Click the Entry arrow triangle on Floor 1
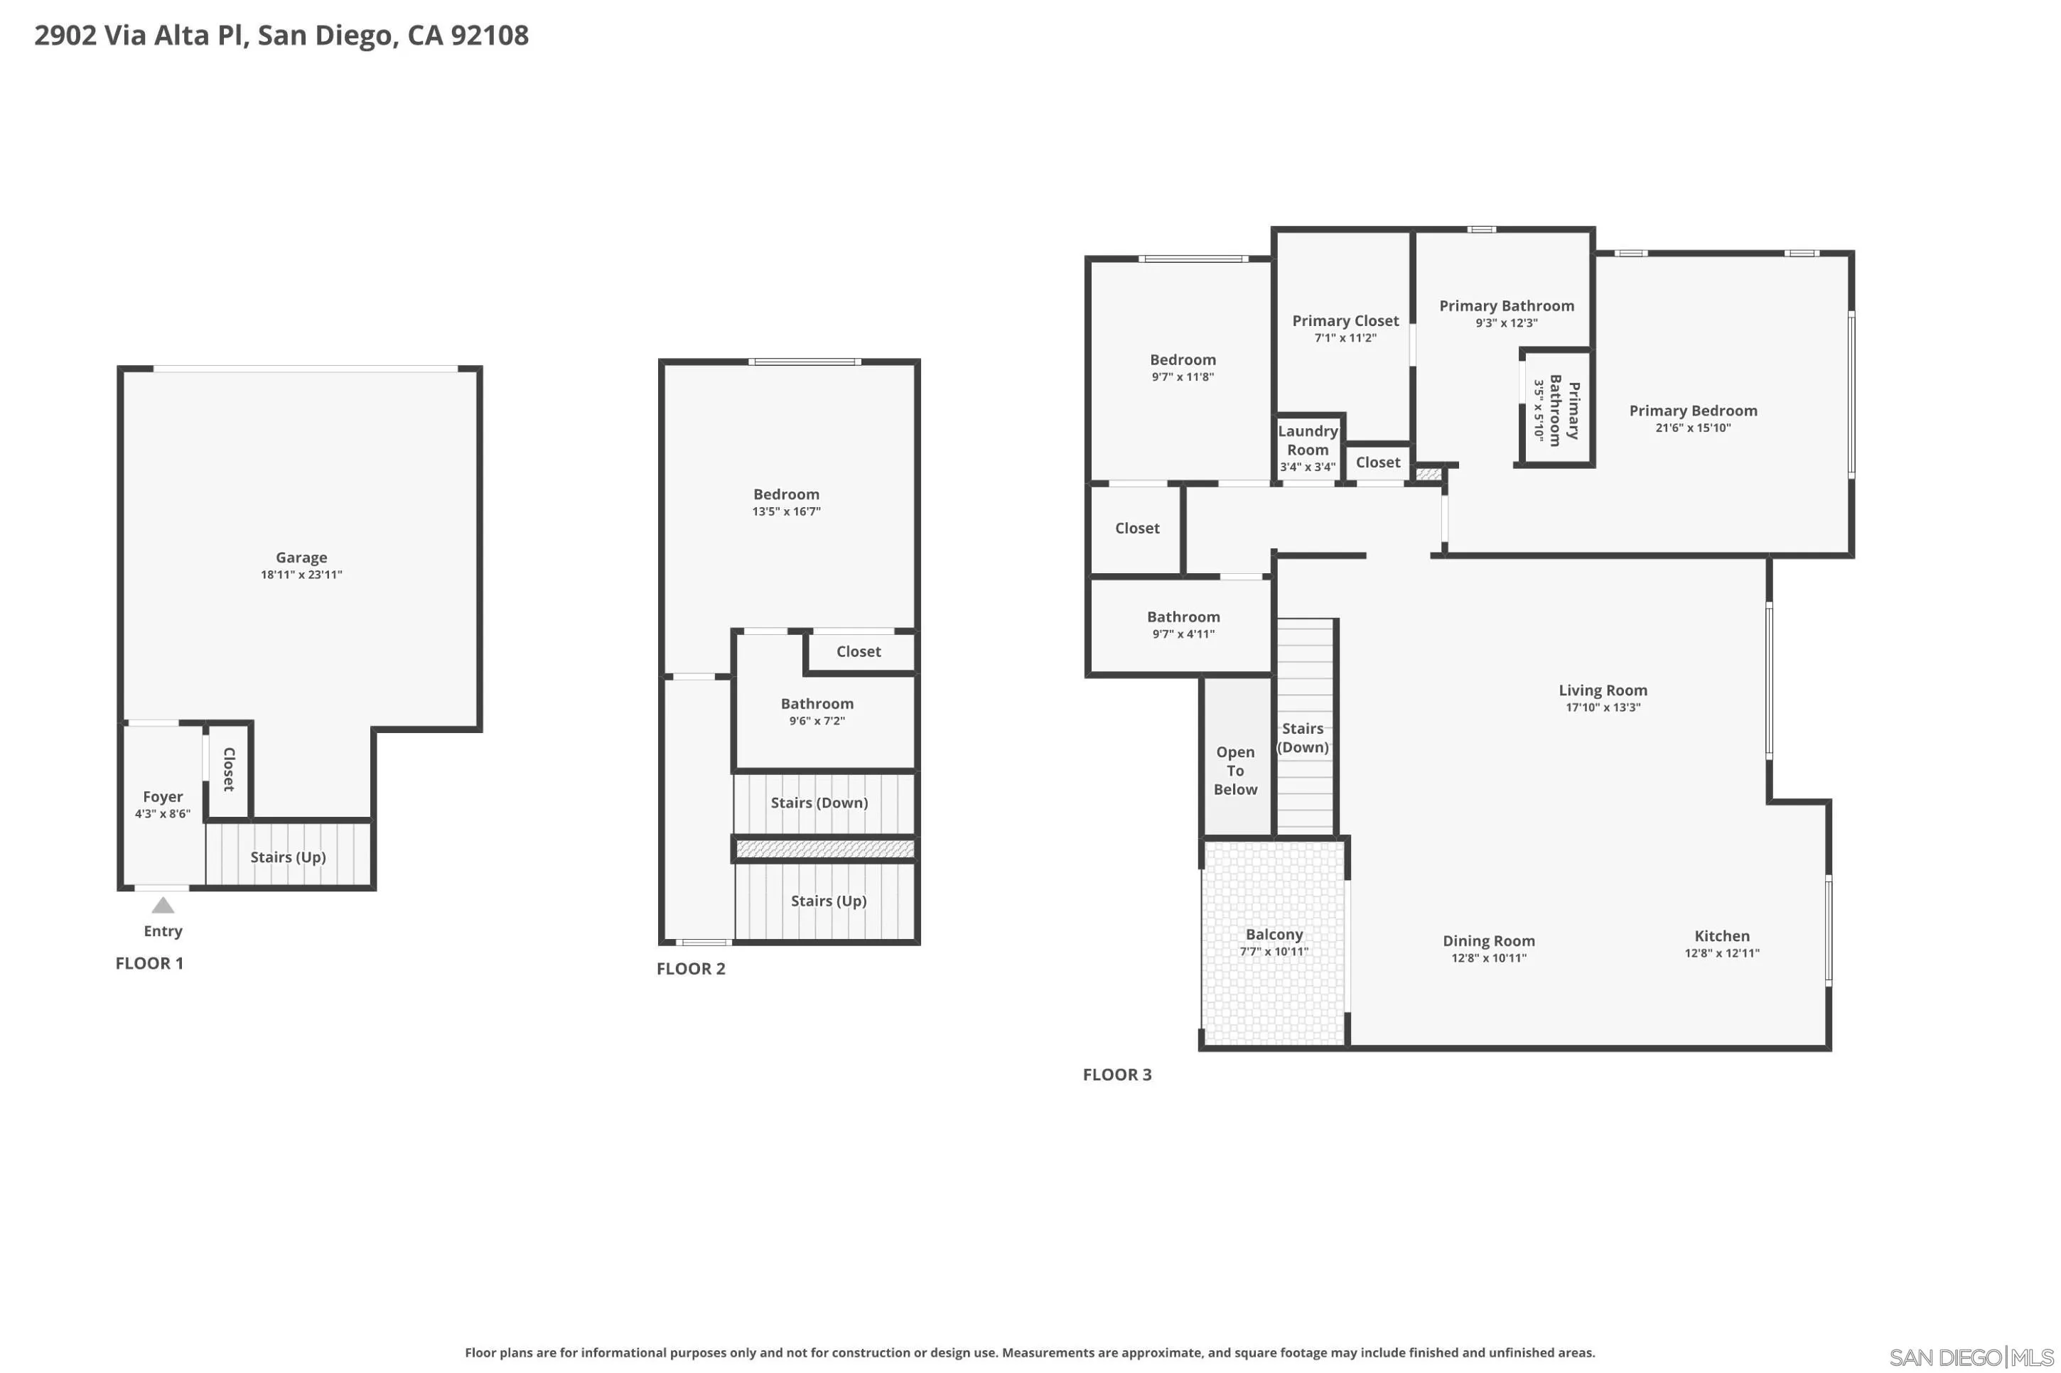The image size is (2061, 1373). pos(163,906)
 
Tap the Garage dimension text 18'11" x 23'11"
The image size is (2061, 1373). pos(301,575)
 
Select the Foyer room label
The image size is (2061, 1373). pos(163,797)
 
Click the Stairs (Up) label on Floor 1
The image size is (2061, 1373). pos(288,857)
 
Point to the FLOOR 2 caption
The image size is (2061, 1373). pos(691,968)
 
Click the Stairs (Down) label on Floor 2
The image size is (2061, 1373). pos(819,803)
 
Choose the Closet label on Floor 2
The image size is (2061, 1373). pos(859,651)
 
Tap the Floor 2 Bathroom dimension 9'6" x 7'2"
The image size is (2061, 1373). pos(817,722)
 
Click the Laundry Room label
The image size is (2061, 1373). pos(1308,440)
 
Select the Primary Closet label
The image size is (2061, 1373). pos(1345,321)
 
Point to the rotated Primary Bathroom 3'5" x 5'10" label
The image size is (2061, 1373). pos(1556,410)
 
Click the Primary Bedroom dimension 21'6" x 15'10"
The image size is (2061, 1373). pos(1692,428)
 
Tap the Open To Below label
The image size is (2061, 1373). pos(1235,771)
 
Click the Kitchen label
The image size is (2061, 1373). pos(1721,936)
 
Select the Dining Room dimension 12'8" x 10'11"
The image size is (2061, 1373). pos(1488,958)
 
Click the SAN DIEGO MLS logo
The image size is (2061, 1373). pos(1971,1357)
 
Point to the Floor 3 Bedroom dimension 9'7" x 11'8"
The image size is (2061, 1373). pos(1183,377)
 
